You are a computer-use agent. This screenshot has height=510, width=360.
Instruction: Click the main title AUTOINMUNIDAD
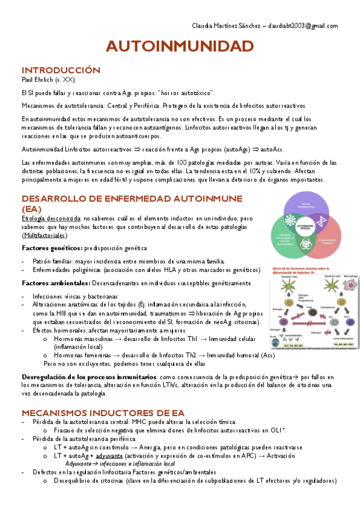point(180,46)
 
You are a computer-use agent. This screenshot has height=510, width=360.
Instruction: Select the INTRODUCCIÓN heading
point(61,70)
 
